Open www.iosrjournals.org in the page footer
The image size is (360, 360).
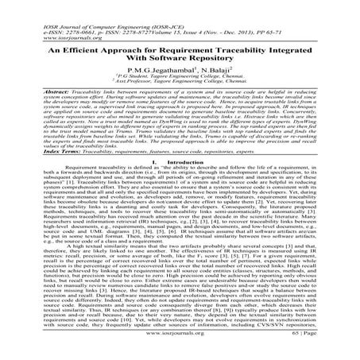tap(180, 349)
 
